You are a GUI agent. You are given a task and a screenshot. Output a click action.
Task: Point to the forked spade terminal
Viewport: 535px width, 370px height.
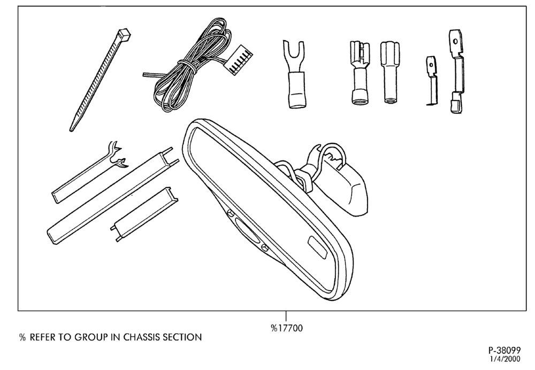pos(294,74)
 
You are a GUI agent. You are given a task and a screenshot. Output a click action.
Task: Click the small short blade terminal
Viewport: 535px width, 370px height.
pos(432,81)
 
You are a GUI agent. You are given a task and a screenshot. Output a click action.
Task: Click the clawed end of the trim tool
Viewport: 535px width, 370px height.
pos(117,155)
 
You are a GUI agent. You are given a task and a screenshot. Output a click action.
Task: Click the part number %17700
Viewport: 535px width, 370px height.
pos(287,328)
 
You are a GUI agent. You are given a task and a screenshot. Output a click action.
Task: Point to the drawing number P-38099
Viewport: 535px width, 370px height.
pos(505,350)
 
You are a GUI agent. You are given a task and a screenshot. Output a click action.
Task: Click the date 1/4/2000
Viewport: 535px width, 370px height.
pos(506,359)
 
